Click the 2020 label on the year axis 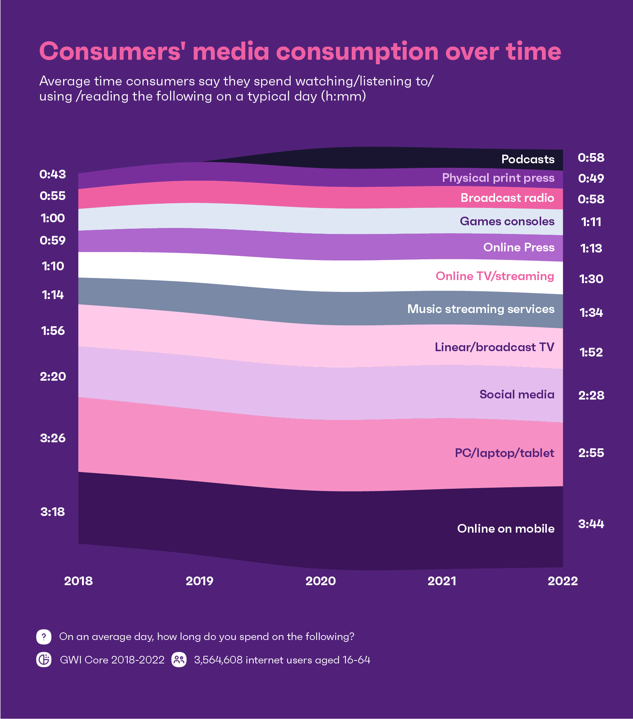point(320,581)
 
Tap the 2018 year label point(78,581)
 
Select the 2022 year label point(563,581)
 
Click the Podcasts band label point(528,159)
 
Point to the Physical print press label point(498,178)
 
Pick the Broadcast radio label point(507,198)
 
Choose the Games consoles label point(507,221)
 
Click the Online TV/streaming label point(495,276)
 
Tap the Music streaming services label point(481,309)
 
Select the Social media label point(517,394)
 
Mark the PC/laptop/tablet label point(504,453)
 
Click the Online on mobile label point(506,528)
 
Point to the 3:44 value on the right point(591,524)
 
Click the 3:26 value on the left point(53,438)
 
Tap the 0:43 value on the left point(53,174)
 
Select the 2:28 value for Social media point(591,395)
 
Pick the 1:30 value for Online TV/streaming point(591,279)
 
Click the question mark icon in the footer point(44,637)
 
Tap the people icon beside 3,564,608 point(179,660)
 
